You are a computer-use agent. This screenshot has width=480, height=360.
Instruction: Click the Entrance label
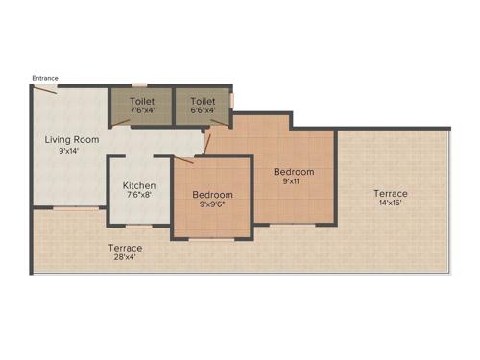(45, 78)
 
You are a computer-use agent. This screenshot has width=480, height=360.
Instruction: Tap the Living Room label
(72, 140)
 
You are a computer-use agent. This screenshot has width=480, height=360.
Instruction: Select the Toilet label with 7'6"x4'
(142, 99)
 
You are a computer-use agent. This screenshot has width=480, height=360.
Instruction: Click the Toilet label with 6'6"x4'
(202, 99)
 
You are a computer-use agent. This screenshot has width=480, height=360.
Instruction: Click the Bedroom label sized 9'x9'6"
(212, 194)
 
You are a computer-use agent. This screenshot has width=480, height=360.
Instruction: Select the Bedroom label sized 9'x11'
(294, 171)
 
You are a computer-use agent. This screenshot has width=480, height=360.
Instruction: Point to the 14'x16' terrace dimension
(391, 204)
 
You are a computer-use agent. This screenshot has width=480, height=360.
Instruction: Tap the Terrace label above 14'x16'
(391, 193)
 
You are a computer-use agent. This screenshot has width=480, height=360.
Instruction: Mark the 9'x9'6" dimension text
(212, 204)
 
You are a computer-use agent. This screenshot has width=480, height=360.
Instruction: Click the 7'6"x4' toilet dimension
(142, 108)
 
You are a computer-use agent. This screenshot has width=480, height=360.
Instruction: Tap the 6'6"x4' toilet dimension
(202, 108)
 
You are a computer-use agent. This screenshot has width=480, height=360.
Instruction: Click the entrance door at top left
(45, 88)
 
